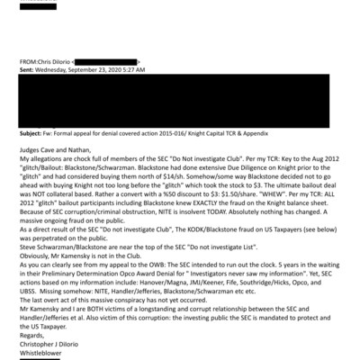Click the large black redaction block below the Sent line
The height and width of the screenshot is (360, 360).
tap(189, 99)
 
